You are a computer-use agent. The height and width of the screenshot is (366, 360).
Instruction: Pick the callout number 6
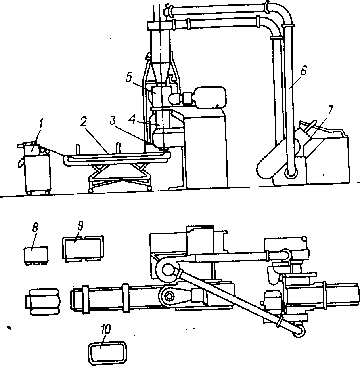(x=303, y=71)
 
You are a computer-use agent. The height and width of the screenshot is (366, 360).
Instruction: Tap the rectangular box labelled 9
(x=82, y=248)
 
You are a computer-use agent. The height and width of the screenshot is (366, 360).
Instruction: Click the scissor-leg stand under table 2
(x=119, y=176)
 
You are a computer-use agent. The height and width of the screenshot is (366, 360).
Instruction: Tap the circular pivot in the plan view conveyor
(x=169, y=295)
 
